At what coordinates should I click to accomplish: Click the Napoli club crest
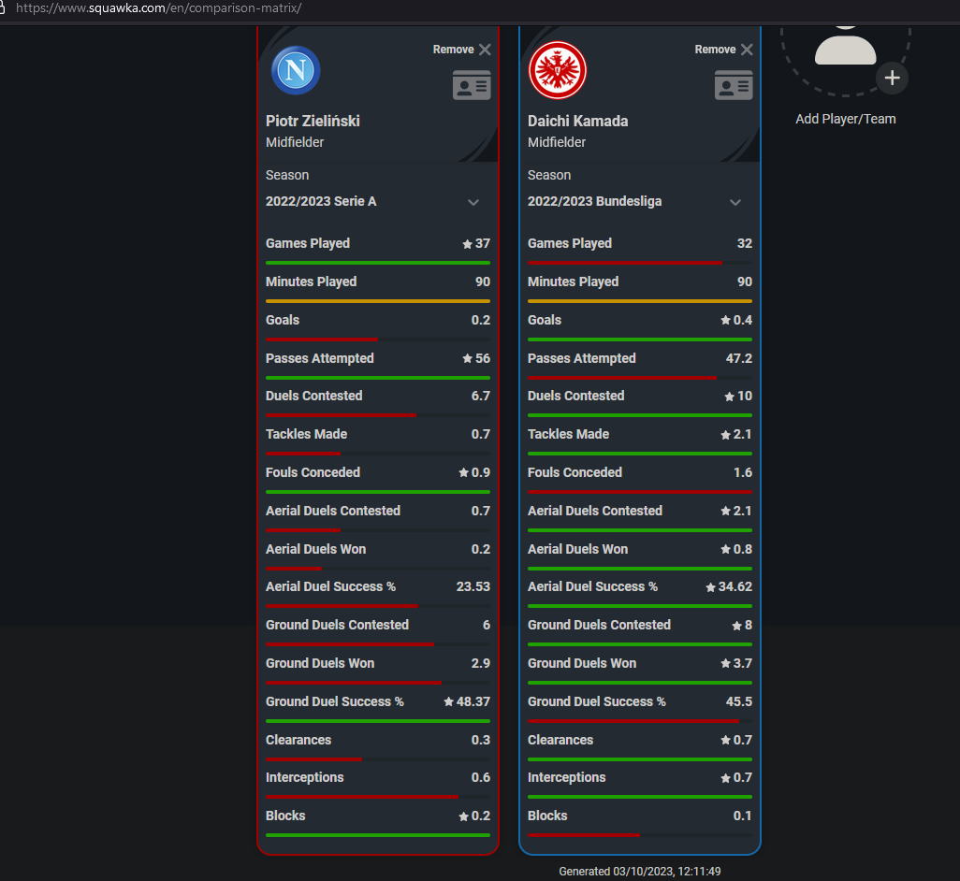click(x=296, y=70)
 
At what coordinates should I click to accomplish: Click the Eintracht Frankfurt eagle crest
click(x=558, y=70)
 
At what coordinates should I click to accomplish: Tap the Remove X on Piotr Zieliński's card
click(x=485, y=50)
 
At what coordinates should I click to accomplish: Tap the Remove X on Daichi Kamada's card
click(x=747, y=50)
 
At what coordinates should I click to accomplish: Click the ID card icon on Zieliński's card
click(x=472, y=85)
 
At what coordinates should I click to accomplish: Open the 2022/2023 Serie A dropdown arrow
click(x=473, y=203)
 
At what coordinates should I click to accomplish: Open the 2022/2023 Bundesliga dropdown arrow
click(x=735, y=203)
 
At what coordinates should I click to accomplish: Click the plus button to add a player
click(x=892, y=79)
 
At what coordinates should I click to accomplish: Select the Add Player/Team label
click(x=846, y=120)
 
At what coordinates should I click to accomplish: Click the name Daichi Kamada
click(x=578, y=122)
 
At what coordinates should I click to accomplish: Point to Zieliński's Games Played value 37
click(x=483, y=243)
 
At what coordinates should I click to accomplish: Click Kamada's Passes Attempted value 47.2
click(x=739, y=358)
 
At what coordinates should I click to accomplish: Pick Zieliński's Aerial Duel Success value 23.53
click(x=473, y=586)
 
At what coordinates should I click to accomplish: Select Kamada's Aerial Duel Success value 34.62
click(x=735, y=586)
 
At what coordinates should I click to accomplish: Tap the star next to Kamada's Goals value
click(x=725, y=320)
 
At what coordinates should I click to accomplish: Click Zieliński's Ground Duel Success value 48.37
click(x=473, y=701)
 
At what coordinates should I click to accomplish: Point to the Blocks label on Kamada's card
click(x=547, y=816)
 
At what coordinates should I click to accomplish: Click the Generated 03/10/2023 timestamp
click(x=640, y=872)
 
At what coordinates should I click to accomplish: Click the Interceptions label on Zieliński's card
click(x=305, y=777)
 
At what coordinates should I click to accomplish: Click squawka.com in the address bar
click(x=127, y=8)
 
